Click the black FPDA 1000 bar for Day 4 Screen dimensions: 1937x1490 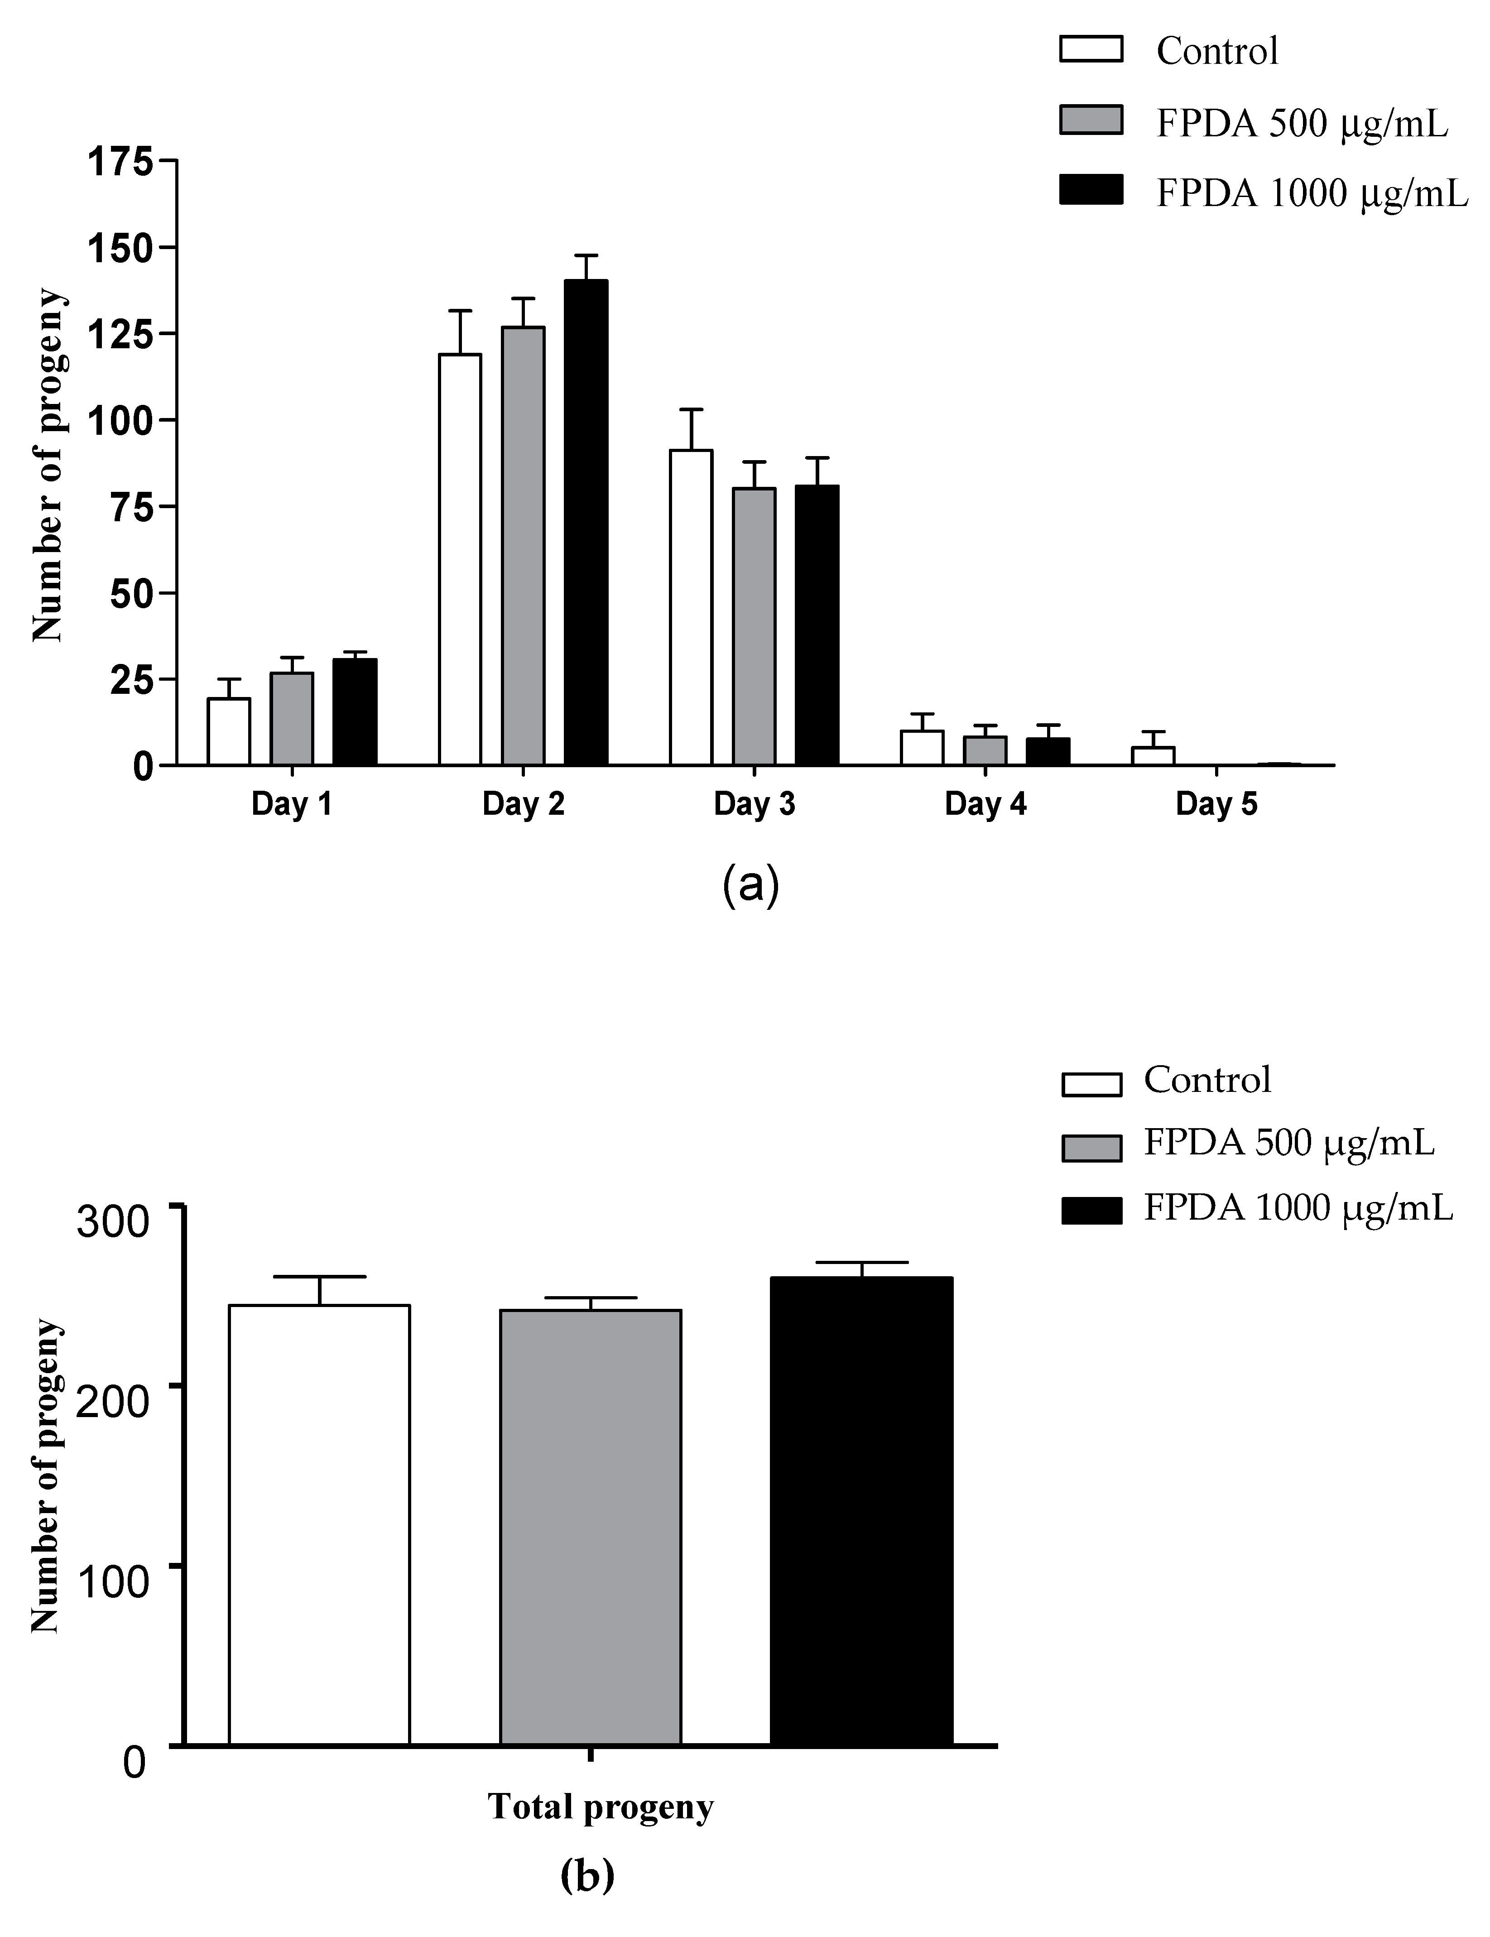click(x=1048, y=751)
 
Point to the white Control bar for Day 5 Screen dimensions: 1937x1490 click(x=1153, y=755)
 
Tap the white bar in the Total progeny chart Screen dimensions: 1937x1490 click(x=319, y=1525)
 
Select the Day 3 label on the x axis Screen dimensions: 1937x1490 click(x=754, y=804)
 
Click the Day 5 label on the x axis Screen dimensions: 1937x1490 click(x=1216, y=804)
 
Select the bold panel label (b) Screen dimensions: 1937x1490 click(x=587, y=1874)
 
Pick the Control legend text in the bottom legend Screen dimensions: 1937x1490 click(x=1207, y=1079)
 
